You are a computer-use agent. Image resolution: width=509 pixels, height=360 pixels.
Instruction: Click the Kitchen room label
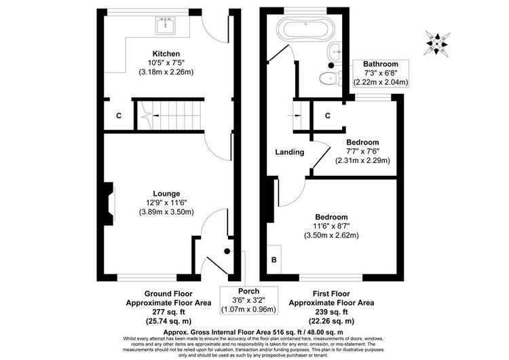(x=166, y=54)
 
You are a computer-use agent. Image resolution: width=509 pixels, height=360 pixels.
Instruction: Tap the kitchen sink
(x=166, y=26)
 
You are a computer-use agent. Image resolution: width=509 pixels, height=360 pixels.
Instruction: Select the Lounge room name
(x=166, y=194)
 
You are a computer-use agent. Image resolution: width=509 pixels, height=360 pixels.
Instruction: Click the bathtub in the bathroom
(x=305, y=30)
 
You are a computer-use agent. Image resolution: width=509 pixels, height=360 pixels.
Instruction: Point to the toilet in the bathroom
(x=329, y=78)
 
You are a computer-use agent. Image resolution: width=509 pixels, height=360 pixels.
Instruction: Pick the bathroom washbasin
(x=335, y=51)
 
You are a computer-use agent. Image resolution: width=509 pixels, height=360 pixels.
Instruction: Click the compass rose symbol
(x=437, y=43)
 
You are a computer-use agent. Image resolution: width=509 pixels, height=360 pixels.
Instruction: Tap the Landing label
(x=290, y=152)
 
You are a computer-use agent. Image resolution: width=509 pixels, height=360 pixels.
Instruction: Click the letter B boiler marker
(x=274, y=260)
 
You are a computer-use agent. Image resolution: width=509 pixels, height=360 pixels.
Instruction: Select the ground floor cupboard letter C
(x=119, y=115)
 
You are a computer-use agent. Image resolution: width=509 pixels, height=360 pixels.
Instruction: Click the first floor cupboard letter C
(x=328, y=115)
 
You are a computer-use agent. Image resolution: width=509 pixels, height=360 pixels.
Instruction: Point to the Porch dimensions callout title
(x=248, y=291)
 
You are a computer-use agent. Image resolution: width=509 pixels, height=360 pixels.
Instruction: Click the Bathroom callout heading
(x=381, y=64)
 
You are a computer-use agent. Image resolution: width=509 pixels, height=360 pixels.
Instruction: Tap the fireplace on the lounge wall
(x=109, y=204)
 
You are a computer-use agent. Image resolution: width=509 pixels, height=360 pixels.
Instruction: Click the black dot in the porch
(x=227, y=251)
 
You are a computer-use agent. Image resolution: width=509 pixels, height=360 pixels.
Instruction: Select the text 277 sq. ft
(x=168, y=312)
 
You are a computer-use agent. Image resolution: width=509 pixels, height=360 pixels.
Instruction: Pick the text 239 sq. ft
(x=331, y=312)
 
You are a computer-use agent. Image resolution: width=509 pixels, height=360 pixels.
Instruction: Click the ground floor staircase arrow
(x=156, y=115)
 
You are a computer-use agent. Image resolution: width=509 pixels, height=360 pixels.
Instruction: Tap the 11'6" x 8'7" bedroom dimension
(x=331, y=226)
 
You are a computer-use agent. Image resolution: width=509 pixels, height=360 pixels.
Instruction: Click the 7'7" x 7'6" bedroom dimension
(x=362, y=151)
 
